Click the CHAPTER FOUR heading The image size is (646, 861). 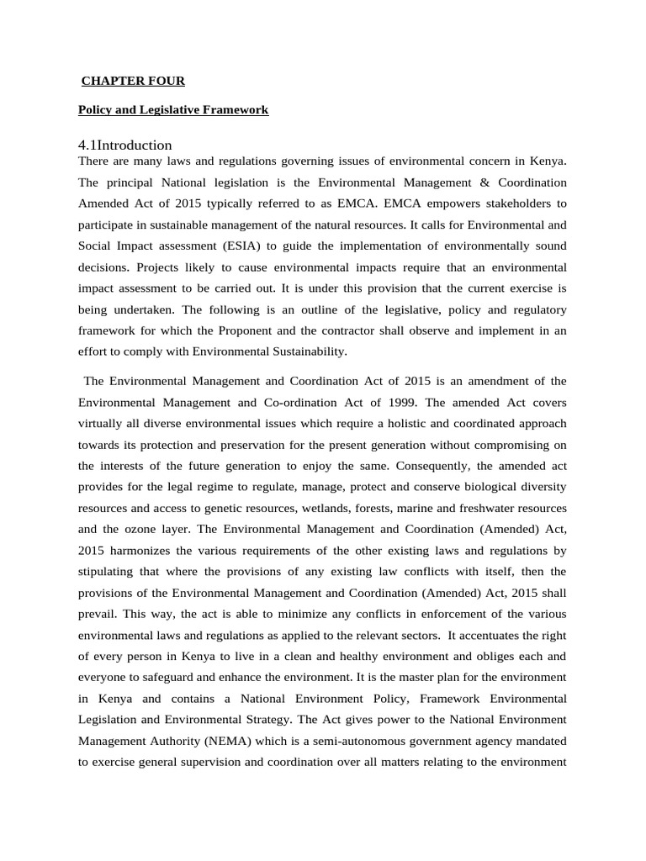coord(133,81)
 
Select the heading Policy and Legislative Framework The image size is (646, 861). coord(173,109)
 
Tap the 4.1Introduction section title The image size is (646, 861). coord(124,145)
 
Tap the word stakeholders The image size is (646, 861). coord(503,203)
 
